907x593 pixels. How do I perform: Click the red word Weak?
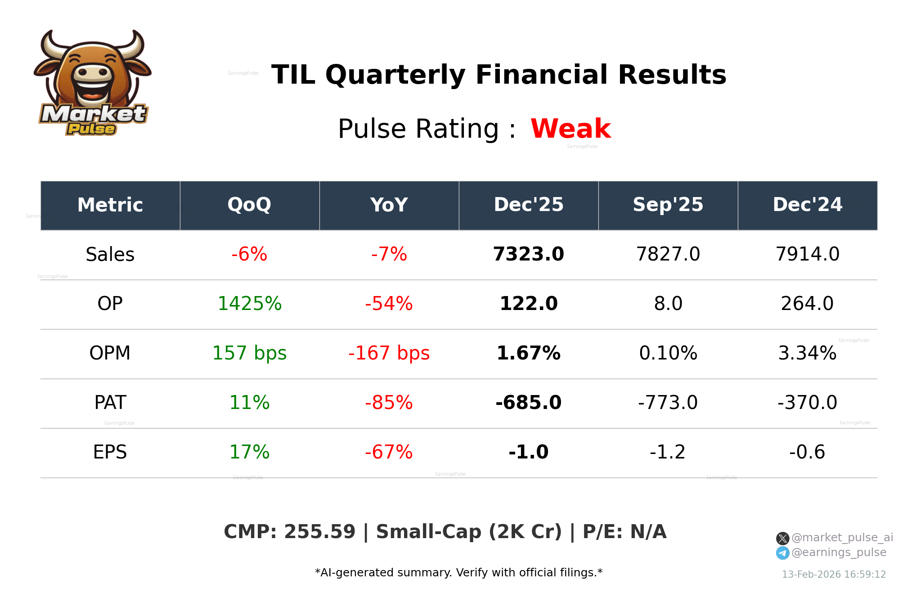coord(570,129)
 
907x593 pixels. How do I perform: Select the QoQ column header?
coord(249,205)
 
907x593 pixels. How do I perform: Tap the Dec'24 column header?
coord(807,205)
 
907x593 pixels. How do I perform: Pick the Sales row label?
coord(110,255)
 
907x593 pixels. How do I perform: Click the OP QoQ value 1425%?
coord(249,304)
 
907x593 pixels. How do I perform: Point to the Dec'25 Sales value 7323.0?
coord(528,254)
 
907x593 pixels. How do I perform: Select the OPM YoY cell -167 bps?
coord(389,353)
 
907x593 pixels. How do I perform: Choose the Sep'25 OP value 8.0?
coord(668,304)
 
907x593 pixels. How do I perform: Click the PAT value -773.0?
coord(668,403)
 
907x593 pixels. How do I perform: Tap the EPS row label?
coord(110,452)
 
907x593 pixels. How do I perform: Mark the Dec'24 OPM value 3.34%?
coord(807,353)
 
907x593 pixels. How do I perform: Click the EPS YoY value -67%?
coord(389,452)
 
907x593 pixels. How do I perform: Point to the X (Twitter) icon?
coord(782,538)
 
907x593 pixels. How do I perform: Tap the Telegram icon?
coord(782,553)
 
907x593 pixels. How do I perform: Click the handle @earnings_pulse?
coord(839,553)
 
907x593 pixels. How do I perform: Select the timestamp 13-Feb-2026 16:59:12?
coord(834,575)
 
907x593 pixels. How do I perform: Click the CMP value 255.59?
coord(319,532)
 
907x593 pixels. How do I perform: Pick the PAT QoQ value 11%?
coord(249,403)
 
